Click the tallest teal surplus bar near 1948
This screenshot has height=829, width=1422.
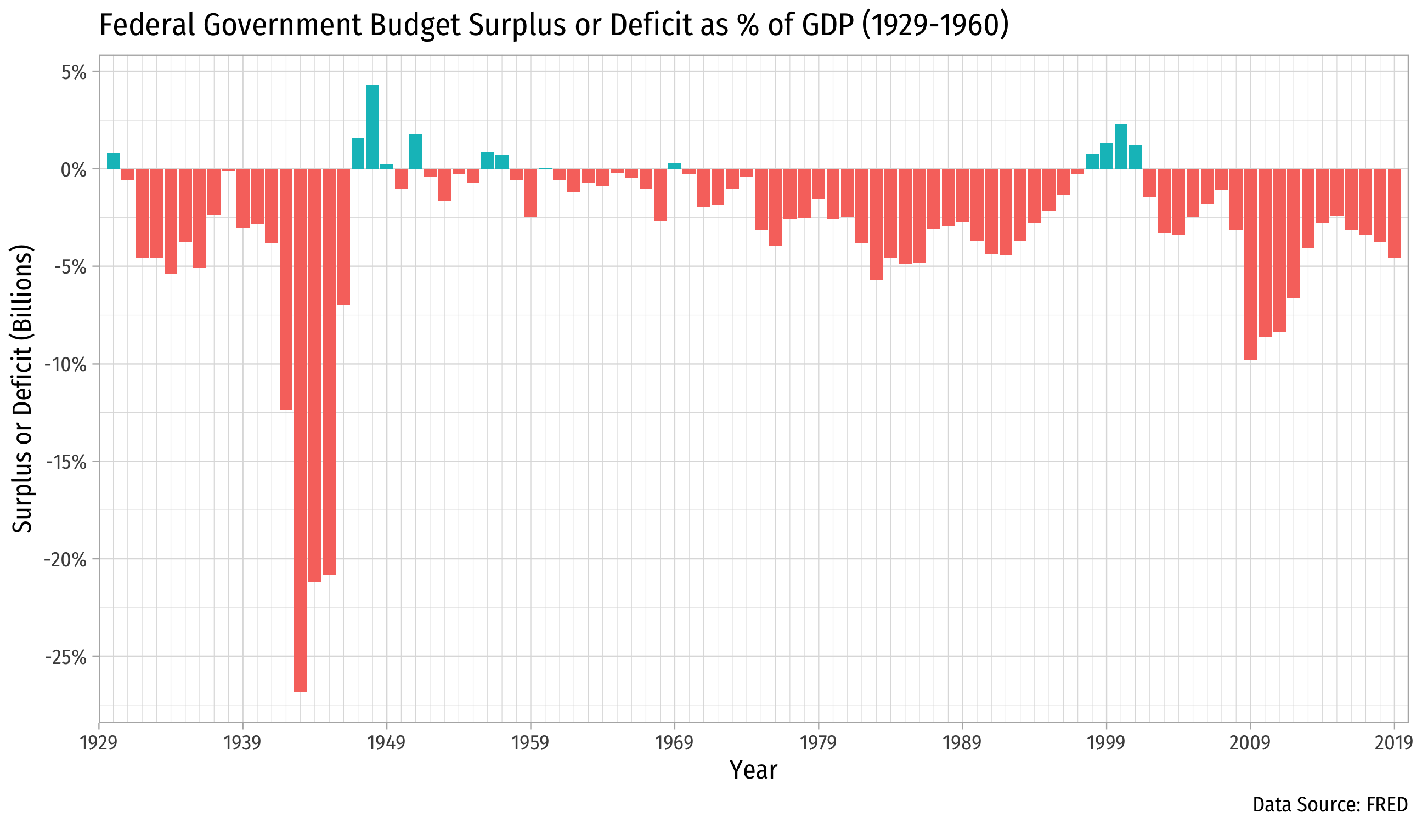pos(373,127)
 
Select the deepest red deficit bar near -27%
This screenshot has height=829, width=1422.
pos(300,429)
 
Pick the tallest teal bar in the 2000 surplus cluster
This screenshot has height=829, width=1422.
pos(1121,146)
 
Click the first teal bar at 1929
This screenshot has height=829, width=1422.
pos(113,161)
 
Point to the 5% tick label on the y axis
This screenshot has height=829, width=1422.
pos(74,72)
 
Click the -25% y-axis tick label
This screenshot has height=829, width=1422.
pos(66,657)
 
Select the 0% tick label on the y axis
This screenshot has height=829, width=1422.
pos(74,170)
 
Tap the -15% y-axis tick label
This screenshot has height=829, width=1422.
pos(66,462)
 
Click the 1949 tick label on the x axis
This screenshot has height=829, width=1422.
pos(387,743)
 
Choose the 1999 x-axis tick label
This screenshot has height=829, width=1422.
pos(1106,743)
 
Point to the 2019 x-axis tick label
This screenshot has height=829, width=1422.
pos(1394,743)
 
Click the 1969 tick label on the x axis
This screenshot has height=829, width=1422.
pos(674,743)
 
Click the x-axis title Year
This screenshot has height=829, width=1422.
pos(753,770)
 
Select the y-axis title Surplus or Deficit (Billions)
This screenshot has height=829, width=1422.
pos(22,389)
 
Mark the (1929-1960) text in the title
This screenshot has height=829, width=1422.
pos(935,25)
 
